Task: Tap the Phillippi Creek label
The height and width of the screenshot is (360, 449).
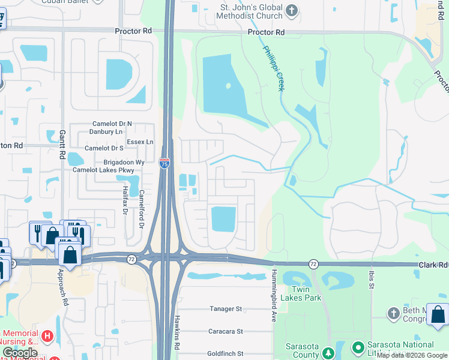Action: tap(273, 69)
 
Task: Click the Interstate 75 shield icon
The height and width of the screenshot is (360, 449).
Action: tap(164, 163)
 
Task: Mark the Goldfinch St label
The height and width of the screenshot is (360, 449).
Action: tap(225, 354)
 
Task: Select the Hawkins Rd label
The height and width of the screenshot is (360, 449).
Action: tap(177, 333)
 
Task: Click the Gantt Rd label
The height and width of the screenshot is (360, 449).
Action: tap(62, 145)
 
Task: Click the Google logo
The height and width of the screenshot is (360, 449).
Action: tap(20, 353)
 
